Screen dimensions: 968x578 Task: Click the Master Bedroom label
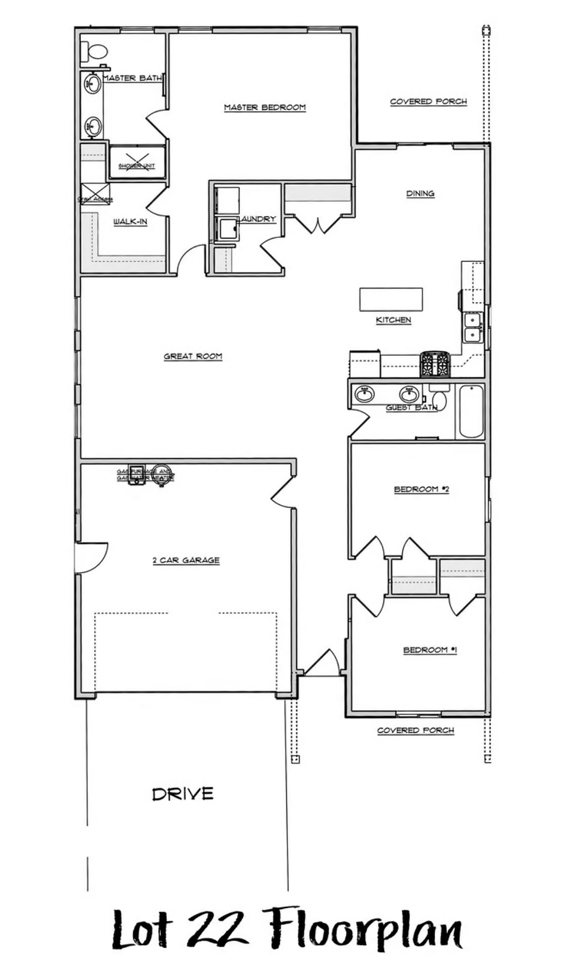click(x=265, y=107)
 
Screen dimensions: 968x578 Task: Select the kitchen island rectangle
click(x=391, y=299)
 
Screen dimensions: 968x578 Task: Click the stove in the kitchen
click(x=435, y=364)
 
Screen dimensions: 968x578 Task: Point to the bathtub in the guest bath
click(x=471, y=411)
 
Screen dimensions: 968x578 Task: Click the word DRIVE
click(x=183, y=794)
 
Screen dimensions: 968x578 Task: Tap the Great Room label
click(x=193, y=356)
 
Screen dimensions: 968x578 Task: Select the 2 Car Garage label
click(x=186, y=560)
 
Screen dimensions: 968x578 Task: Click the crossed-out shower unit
click(x=137, y=162)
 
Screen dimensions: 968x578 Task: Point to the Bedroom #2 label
click(x=421, y=489)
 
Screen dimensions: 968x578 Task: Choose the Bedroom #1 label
click(x=430, y=650)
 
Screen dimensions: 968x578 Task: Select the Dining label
click(x=420, y=193)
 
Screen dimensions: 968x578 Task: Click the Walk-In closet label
click(x=130, y=222)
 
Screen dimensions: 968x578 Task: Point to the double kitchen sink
click(x=472, y=327)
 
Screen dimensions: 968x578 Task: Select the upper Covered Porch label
click(x=428, y=101)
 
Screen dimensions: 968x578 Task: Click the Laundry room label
click(x=258, y=219)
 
